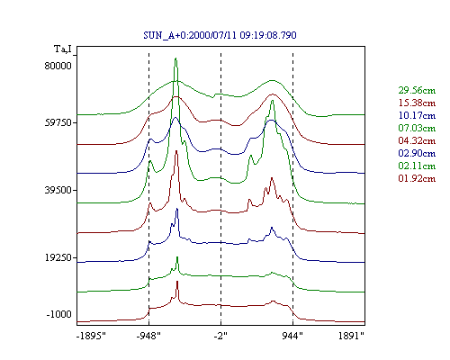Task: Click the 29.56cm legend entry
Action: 417,90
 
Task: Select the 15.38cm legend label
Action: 417,103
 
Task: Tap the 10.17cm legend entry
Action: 417,115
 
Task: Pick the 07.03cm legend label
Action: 417,128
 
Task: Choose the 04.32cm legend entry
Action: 417,140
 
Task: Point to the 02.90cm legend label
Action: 417,153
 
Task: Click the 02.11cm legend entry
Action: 417,166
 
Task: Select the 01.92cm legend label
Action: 417,178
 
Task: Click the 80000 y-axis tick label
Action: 58,66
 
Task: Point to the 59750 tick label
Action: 58,123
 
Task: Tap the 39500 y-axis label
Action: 58,190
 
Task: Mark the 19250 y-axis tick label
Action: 58,257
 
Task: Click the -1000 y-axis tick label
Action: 59,314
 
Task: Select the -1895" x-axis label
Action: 91,336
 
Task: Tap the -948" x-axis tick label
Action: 148,336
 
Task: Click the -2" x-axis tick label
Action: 220,336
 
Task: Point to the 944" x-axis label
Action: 292,336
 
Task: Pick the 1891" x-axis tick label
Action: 351,336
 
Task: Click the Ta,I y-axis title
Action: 63,49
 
